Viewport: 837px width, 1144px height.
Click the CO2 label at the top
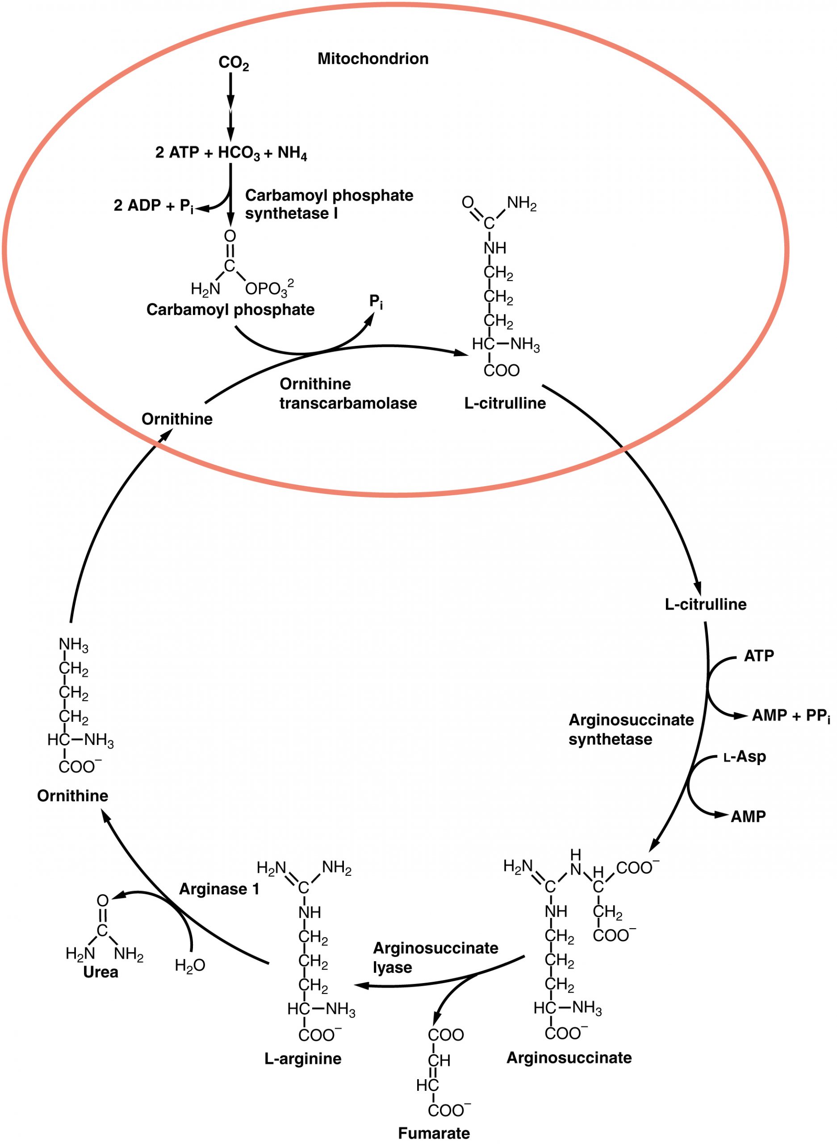(234, 63)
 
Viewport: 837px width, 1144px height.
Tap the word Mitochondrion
(373, 59)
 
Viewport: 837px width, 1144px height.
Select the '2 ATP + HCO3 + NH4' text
(231, 152)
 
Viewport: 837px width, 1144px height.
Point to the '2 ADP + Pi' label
(154, 205)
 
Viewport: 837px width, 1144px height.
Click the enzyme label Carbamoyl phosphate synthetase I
(329, 204)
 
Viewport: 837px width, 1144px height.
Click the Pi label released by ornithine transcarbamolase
(376, 302)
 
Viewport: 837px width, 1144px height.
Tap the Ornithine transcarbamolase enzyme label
(347, 393)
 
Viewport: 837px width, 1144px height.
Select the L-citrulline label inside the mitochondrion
(505, 403)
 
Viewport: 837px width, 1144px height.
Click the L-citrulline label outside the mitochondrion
(705, 604)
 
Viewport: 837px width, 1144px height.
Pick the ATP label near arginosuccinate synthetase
(758, 656)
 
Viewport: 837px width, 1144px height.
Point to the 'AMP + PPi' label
(791, 716)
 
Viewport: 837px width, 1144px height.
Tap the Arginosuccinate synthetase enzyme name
(631, 729)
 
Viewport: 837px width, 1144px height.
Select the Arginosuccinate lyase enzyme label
(435, 957)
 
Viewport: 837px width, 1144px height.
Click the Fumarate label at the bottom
(434, 1133)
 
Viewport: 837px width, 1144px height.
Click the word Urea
(100, 972)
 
